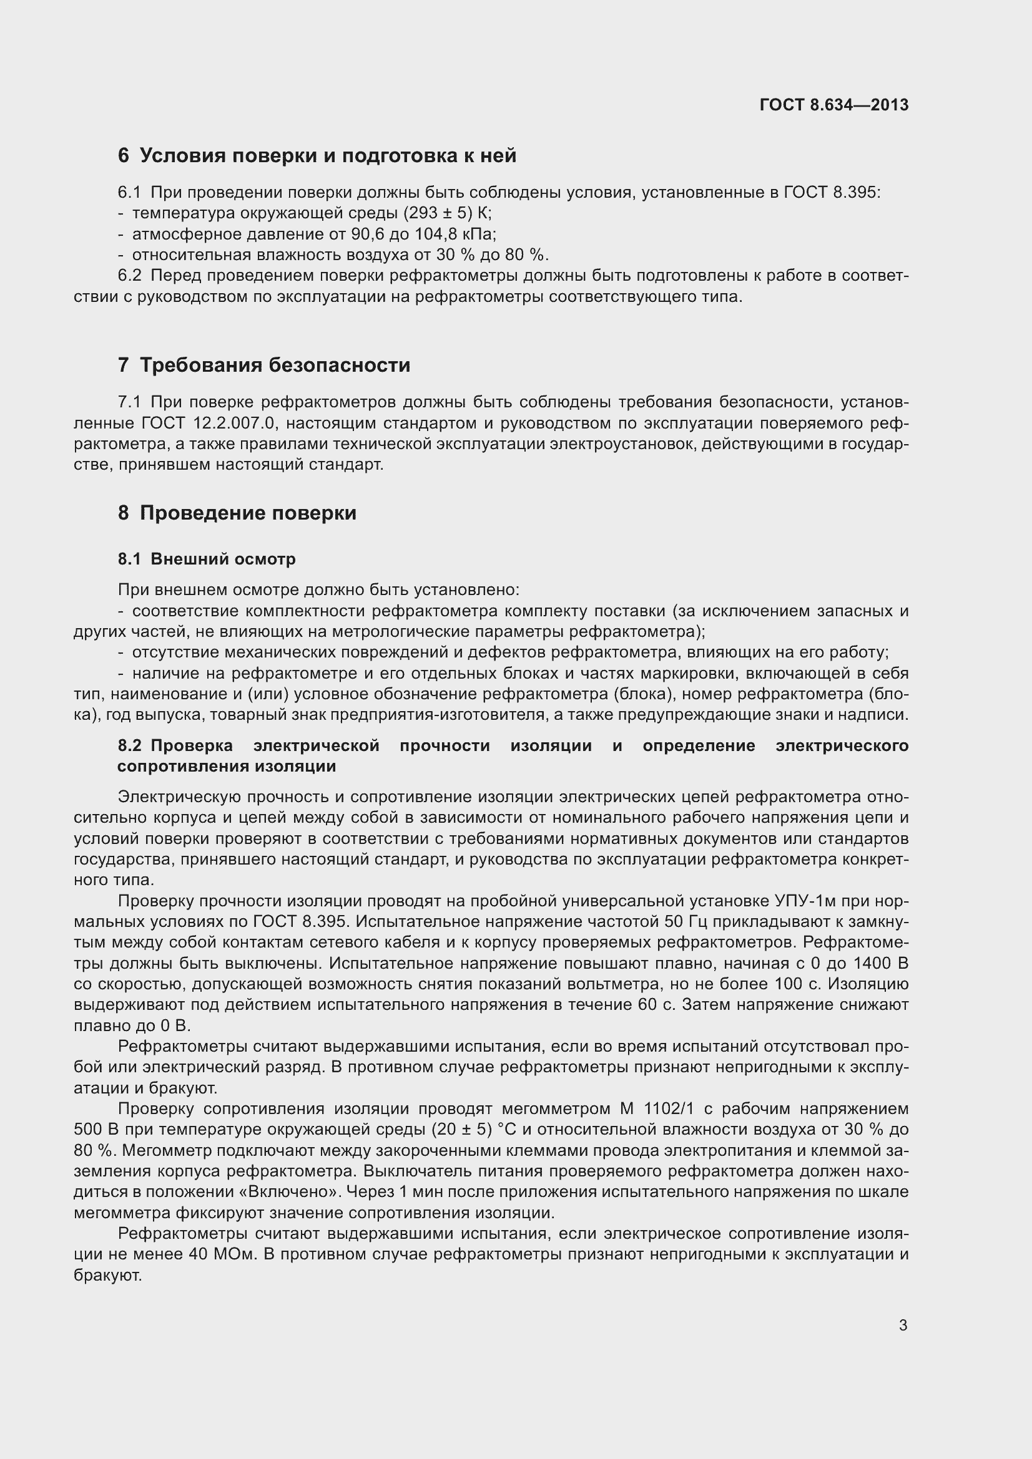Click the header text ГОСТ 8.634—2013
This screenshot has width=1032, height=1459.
pos(833,105)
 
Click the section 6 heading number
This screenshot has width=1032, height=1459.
pos(124,156)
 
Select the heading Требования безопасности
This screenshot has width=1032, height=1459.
pos(275,366)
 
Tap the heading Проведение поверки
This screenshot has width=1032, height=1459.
pos(248,513)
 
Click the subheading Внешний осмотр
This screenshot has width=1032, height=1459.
pos(222,559)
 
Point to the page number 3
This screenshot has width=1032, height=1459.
pos(903,1326)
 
